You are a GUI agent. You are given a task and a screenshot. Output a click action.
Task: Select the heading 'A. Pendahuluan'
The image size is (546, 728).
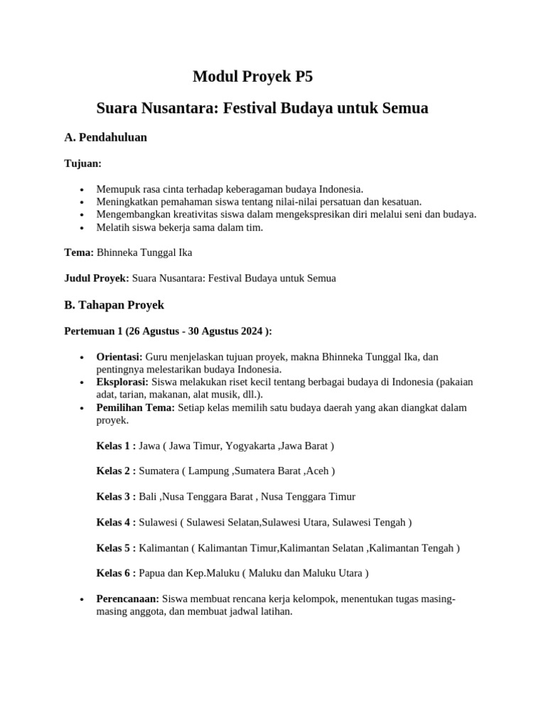point(105,137)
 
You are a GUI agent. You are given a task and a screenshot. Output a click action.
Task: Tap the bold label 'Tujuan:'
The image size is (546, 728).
point(83,164)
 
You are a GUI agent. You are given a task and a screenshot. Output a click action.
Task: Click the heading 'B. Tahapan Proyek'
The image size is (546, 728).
point(114,304)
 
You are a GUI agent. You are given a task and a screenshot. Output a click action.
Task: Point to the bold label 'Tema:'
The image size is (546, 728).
point(79,252)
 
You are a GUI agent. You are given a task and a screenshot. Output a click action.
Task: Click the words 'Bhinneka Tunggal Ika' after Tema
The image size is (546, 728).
point(144,252)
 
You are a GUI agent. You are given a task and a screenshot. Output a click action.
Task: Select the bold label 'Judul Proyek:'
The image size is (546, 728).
point(97,278)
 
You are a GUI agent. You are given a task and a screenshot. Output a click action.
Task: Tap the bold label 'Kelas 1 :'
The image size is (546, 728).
point(116,446)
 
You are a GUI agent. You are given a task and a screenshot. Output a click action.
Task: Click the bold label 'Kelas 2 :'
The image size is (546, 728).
point(116,471)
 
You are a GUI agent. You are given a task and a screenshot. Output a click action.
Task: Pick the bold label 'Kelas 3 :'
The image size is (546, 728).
point(116,497)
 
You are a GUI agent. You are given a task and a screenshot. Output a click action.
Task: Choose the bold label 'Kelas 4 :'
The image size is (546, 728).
point(116,523)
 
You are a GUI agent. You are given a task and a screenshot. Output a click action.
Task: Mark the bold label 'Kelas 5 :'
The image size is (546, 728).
point(116,548)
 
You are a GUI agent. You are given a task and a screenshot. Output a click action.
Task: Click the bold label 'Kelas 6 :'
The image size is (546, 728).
point(116,574)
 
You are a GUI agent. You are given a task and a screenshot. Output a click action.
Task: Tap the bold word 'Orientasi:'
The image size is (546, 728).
point(119,357)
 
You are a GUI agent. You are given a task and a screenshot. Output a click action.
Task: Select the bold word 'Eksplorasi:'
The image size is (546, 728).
point(122,382)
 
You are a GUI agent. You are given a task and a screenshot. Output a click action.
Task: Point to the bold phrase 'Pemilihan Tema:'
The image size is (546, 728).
point(135,408)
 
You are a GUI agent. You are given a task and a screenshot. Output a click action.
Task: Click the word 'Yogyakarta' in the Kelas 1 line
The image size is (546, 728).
point(251,446)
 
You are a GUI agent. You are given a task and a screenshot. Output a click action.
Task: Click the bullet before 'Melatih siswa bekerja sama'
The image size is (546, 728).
point(83,228)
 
